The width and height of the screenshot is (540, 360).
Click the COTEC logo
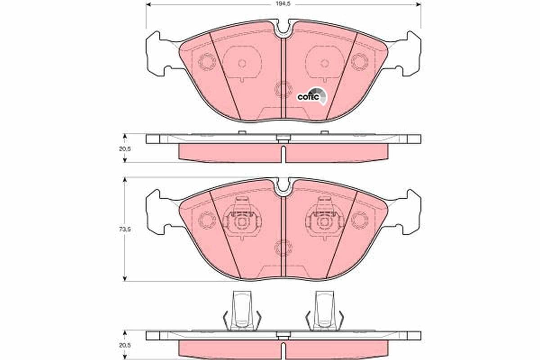click(309, 96)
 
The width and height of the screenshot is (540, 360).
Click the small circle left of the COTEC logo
click(283, 89)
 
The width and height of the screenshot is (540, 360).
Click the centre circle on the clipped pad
click(283, 247)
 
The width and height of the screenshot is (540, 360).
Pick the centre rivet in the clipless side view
click(283, 139)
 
